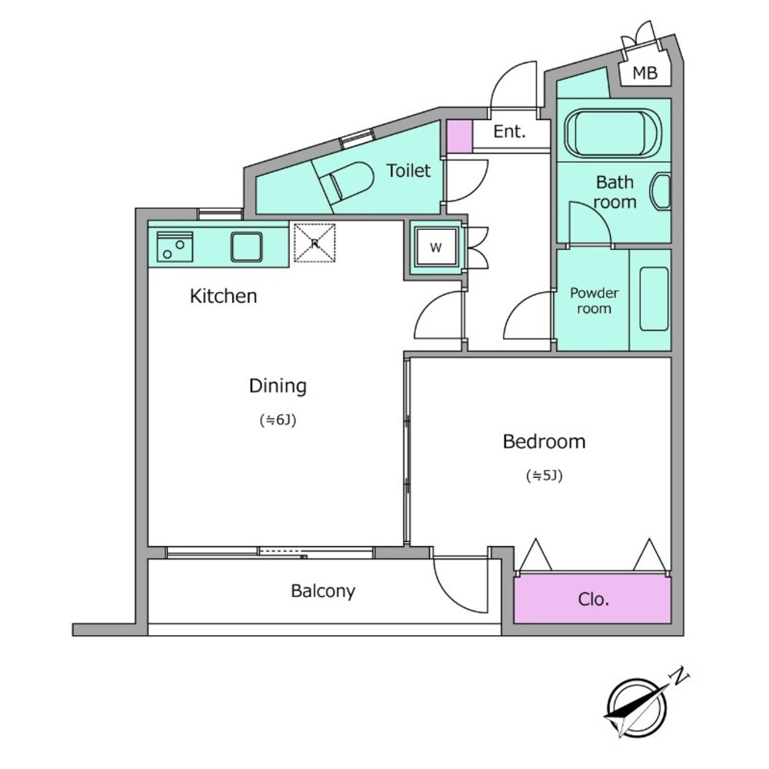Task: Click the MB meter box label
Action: [644, 73]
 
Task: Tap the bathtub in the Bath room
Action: [613, 131]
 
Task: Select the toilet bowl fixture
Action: [348, 182]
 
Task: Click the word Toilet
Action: [408, 171]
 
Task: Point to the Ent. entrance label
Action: [510, 131]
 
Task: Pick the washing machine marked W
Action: [436, 248]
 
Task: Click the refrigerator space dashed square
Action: [315, 243]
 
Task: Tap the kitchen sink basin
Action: [246, 247]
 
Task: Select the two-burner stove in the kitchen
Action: [175, 247]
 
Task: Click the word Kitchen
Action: [223, 296]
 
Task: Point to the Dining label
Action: [278, 386]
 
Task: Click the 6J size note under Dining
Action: [278, 421]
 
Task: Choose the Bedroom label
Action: [544, 441]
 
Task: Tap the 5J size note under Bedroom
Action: [544, 475]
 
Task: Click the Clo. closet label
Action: [594, 599]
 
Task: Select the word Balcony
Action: [323, 591]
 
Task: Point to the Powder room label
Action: [594, 301]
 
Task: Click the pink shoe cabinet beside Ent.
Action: [459, 136]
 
